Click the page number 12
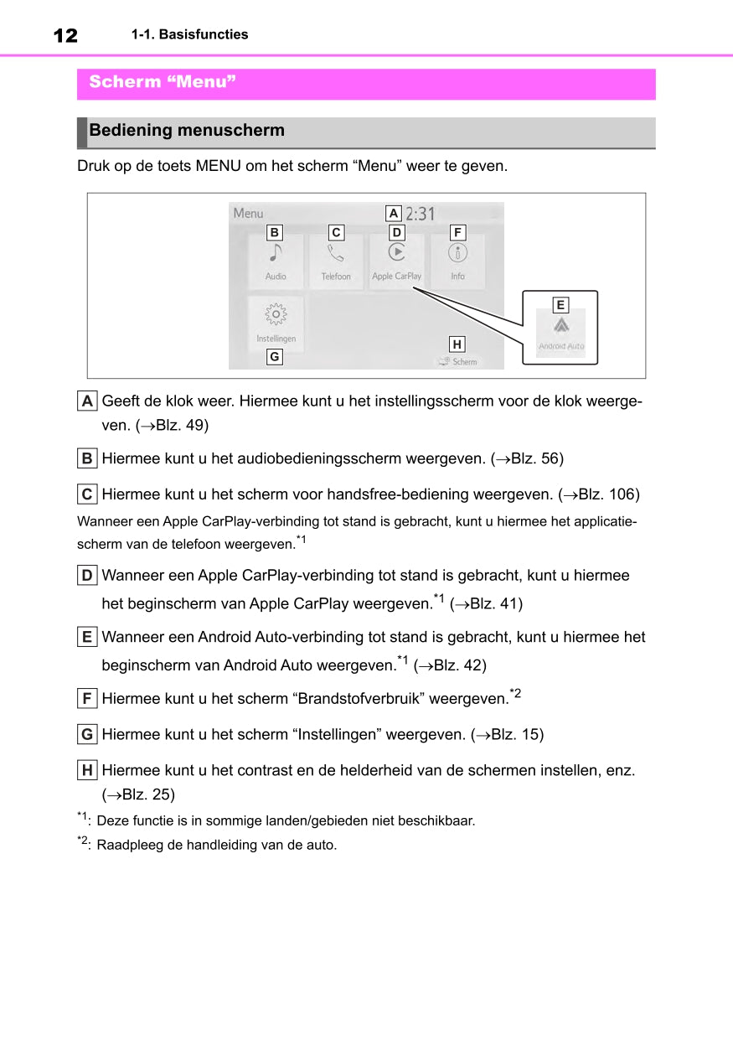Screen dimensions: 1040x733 click(65, 35)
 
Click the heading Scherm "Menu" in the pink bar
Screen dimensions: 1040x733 click(163, 82)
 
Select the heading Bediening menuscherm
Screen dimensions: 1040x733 click(187, 131)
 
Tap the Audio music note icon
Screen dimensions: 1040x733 click(276, 252)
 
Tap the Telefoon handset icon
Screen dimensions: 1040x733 click(336, 252)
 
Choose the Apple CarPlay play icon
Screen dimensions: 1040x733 click(397, 251)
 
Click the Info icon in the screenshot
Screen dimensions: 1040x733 click(457, 252)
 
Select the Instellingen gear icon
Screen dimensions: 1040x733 click(276, 315)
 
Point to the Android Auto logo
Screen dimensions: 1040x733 click(560, 325)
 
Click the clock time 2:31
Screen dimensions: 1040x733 click(421, 214)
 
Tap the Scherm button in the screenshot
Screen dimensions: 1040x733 click(457, 361)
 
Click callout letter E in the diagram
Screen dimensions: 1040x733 click(560, 305)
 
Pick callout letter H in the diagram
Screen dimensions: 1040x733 click(457, 344)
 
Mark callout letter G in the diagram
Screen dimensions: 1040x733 click(274, 357)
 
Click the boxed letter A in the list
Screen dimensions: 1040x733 click(87, 401)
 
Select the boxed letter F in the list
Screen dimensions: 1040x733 click(87, 698)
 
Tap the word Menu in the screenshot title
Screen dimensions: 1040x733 click(248, 213)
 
